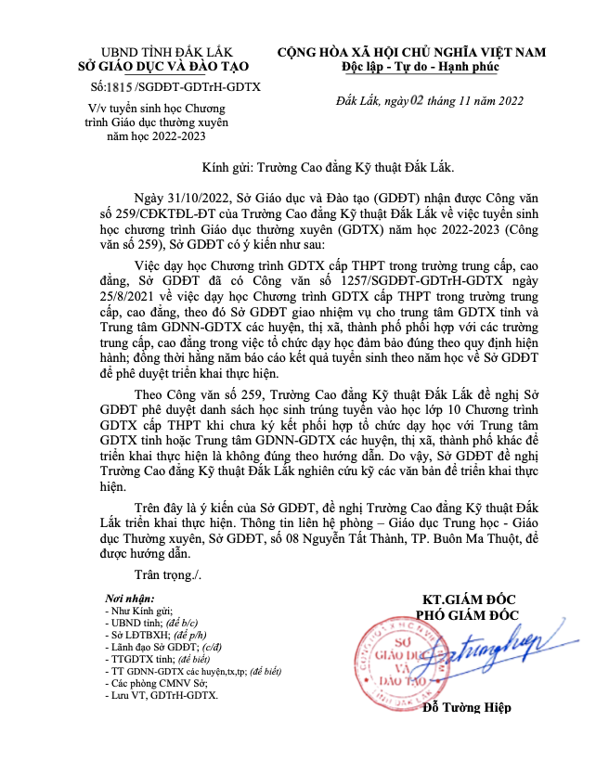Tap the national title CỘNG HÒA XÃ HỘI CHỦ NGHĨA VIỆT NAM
point(411,52)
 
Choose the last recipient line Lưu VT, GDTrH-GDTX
point(163,694)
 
